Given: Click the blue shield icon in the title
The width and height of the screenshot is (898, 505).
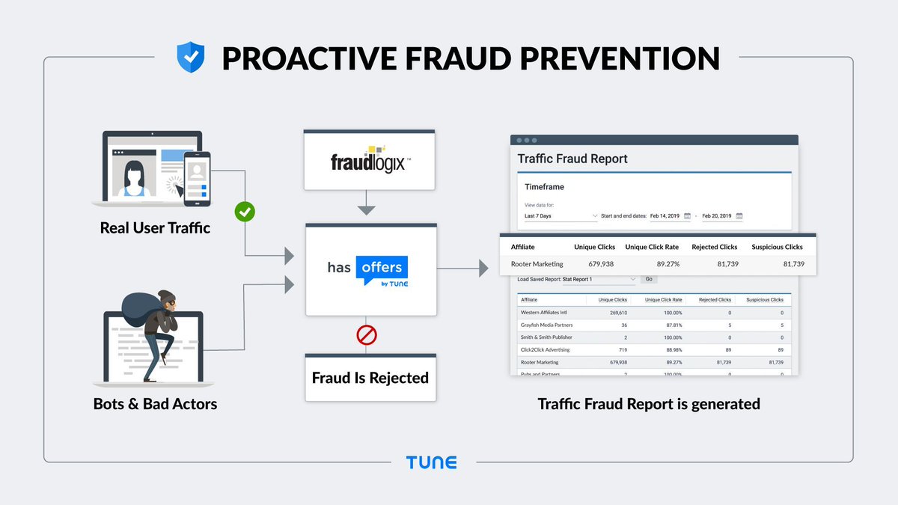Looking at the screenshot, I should (190, 57).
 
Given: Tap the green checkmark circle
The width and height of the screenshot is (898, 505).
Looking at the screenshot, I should (245, 212).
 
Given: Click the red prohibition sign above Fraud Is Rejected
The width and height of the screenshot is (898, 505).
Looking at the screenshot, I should (367, 334).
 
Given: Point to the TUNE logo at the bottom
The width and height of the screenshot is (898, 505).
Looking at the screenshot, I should (431, 462).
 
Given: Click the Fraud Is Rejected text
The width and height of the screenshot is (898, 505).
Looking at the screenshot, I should (370, 377).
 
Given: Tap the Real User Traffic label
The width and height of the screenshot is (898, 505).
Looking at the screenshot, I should (155, 227).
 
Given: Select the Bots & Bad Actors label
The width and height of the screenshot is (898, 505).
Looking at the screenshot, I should (155, 404).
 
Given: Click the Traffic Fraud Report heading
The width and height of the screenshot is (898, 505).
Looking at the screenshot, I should (572, 159).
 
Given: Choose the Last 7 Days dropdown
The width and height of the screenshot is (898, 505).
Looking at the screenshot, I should (561, 216).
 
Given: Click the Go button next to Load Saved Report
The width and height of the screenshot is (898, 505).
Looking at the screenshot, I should (648, 279).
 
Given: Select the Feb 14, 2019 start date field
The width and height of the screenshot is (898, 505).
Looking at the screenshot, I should (668, 216).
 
